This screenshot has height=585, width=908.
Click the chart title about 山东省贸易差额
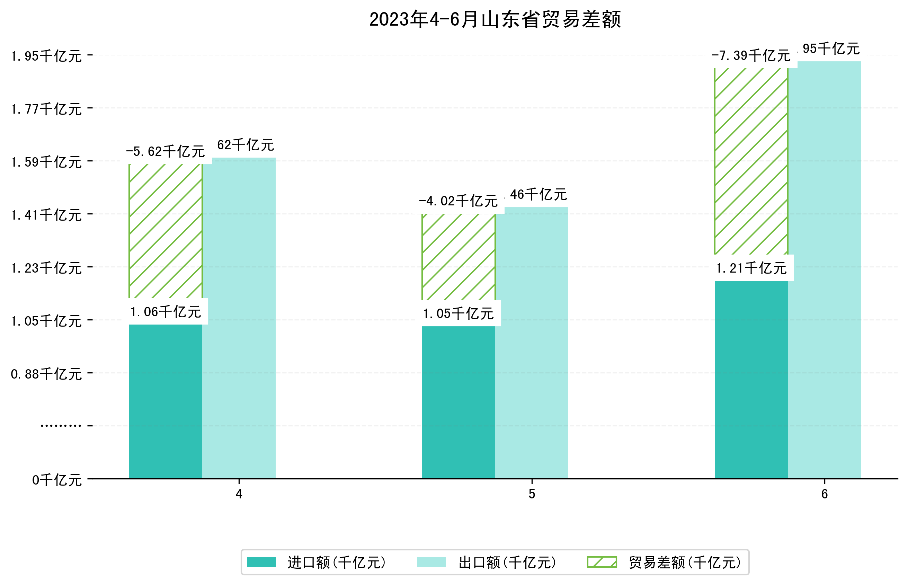[x=495, y=19]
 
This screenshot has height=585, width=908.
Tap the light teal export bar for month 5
[x=531, y=342]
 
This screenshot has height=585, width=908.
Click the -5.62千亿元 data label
[x=165, y=152]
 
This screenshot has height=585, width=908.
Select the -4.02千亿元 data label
[x=458, y=201]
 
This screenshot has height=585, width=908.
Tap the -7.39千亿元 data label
[x=750, y=55]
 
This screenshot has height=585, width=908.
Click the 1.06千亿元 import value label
[x=165, y=312]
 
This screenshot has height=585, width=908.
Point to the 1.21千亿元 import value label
[x=750, y=268]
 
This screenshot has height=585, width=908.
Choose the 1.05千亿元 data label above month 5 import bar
[x=458, y=313]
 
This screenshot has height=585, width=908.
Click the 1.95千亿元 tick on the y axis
[x=46, y=56]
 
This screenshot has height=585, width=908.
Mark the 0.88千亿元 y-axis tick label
[x=46, y=374]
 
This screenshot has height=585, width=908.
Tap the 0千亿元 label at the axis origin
[x=56, y=480]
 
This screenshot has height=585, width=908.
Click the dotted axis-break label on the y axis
[x=61, y=426]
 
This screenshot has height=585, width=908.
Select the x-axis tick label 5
[x=531, y=494]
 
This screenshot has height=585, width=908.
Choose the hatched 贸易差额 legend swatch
[x=602, y=562]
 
